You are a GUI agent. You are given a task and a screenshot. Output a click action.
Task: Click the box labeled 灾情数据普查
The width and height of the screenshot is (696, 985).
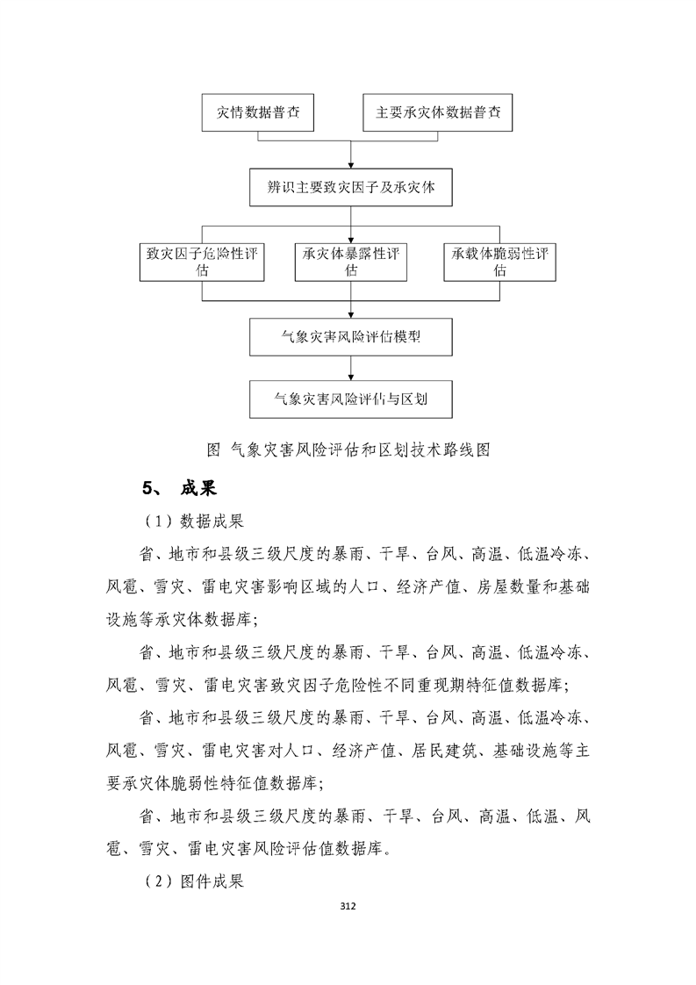click(x=258, y=113)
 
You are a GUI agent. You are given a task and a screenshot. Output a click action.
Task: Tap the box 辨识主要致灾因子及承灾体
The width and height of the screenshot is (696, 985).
click(x=350, y=188)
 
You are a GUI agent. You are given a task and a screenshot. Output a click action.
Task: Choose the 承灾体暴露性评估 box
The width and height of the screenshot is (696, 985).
click(x=351, y=262)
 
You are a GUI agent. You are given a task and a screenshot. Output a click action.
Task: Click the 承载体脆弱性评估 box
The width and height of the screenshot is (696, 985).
click(x=499, y=262)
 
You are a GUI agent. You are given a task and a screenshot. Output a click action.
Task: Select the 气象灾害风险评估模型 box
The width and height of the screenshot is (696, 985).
click(x=350, y=338)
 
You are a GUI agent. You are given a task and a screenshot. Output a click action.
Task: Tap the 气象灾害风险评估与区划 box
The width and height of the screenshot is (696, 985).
click(x=350, y=399)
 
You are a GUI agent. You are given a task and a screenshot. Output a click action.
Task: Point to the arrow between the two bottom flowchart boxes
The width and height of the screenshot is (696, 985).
click(x=351, y=369)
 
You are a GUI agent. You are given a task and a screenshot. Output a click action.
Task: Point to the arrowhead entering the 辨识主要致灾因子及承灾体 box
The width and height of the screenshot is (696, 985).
click(x=351, y=164)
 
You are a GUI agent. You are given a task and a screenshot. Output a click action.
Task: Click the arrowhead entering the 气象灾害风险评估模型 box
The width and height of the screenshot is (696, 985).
click(x=351, y=315)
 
